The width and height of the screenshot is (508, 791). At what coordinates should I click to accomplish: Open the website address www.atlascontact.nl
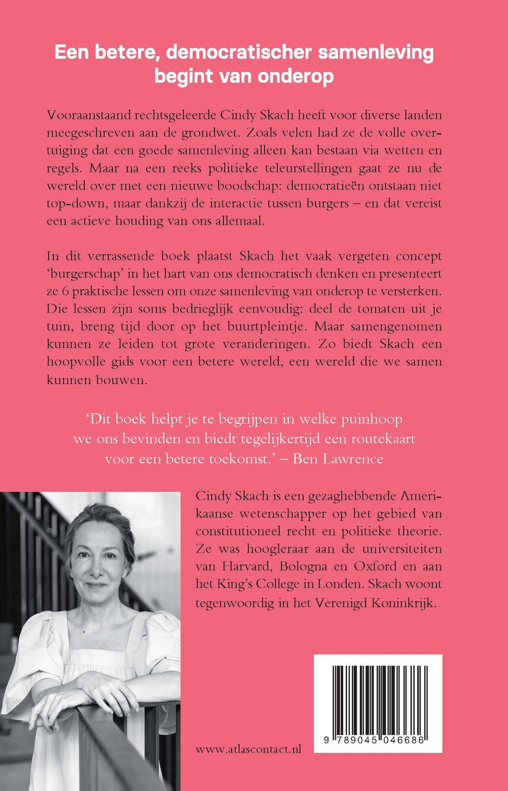[248, 750]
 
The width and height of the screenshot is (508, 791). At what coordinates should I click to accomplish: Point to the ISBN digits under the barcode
[378, 740]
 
